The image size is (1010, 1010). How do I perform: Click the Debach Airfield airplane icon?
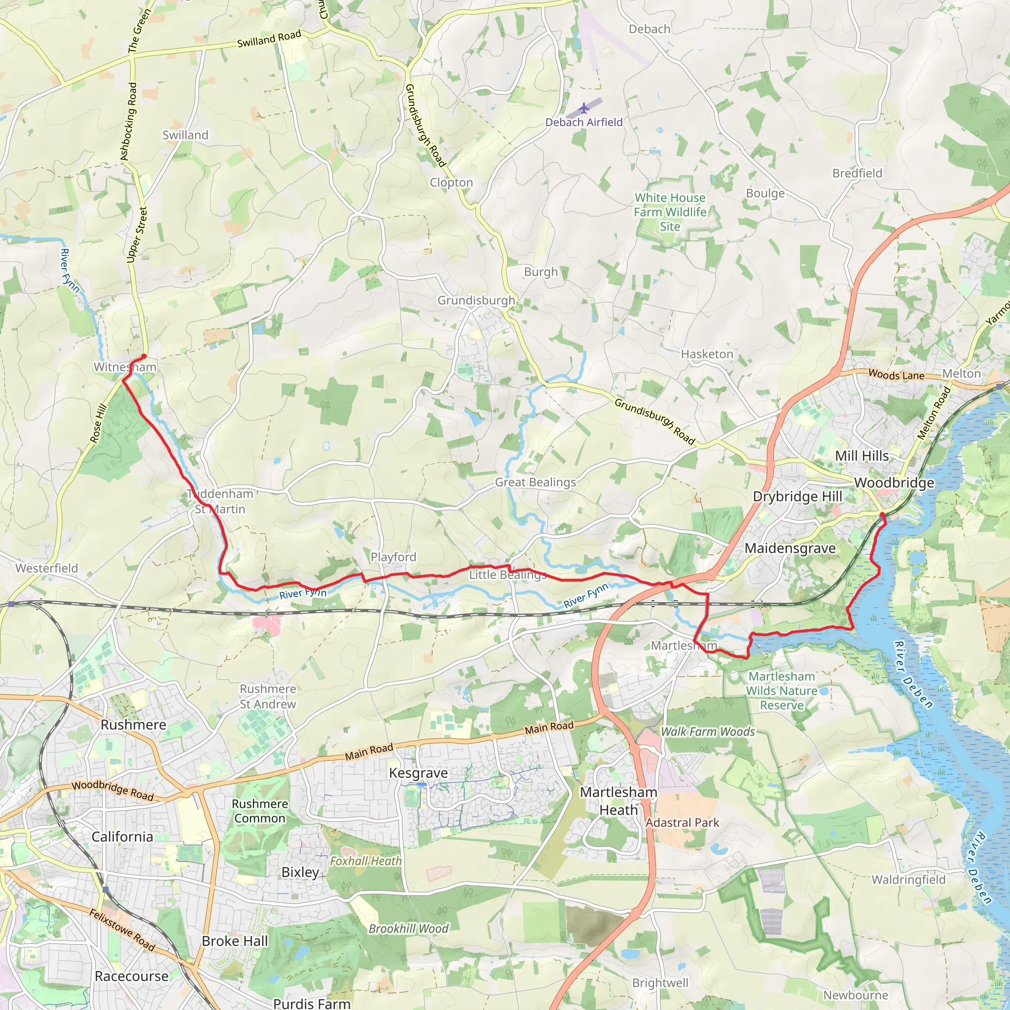pos(584,108)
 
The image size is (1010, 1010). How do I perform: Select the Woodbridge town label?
pos(894,482)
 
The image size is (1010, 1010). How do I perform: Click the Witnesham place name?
pos(125,367)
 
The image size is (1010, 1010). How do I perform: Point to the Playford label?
pos(393,557)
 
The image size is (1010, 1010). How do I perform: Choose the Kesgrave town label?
pos(418,773)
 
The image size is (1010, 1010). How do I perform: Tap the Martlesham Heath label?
pos(618,801)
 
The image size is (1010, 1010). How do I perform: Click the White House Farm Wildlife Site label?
pos(670,212)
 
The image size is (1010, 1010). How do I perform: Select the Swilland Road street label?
pos(269,38)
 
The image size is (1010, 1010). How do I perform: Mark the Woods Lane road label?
pos(896,374)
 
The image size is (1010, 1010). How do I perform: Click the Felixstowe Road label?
pos(122,930)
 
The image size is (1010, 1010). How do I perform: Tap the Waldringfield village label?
pos(908,879)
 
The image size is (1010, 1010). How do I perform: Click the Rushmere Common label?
pos(260,811)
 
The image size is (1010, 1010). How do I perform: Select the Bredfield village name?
pos(857,173)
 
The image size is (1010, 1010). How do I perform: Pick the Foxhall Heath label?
pos(366,861)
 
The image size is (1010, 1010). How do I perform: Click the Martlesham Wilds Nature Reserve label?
pos(782,690)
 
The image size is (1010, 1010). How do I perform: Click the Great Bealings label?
pos(535,482)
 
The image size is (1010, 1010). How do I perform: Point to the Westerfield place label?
pos(46,568)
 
